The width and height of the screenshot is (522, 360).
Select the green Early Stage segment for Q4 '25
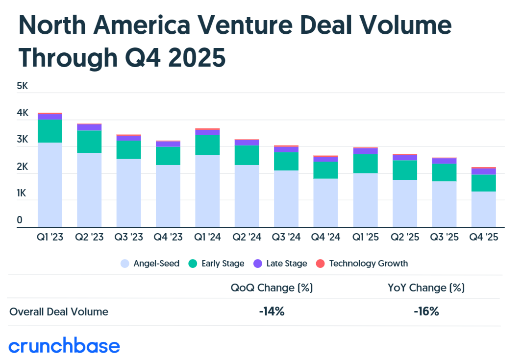click(483, 183)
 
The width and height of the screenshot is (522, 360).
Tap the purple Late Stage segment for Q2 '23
click(89, 127)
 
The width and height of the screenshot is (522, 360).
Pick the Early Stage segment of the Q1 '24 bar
click(207, 145)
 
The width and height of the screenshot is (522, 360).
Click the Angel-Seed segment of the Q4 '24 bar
click(325, 202)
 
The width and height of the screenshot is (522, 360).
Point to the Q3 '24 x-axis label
click(286, 237)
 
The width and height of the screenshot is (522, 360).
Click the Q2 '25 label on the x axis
click(404, 237)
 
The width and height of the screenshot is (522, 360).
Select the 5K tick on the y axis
click(23, 86)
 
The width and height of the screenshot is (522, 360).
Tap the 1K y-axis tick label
click(23, 194)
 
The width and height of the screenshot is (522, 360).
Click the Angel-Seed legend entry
click(150, 264)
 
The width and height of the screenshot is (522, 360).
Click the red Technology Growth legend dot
click(320, 264)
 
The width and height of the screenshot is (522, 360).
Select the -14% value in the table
click(272, 312)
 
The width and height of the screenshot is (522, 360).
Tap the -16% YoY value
click(426, 312)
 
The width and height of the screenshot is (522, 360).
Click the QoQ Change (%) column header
click(272, 288)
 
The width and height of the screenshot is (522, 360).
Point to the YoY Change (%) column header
click(426, 288)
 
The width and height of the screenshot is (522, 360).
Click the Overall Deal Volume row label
click(59, 312)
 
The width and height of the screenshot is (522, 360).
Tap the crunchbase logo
click(64, 346)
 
